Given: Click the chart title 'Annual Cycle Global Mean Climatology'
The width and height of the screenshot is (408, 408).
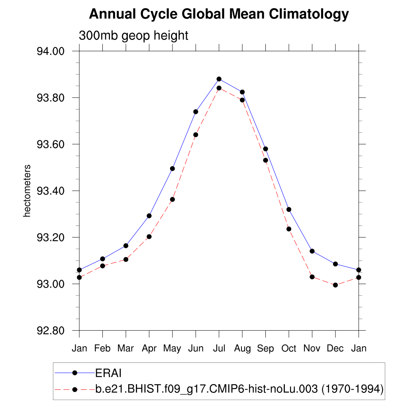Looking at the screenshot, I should (x=219, y=15).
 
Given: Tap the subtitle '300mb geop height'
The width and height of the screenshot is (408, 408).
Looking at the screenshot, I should (x=133, y=35).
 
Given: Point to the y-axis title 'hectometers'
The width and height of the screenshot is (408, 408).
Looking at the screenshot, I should (x=27, y=191).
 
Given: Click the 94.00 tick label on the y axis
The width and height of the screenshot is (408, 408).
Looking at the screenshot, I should (x=51, y=51).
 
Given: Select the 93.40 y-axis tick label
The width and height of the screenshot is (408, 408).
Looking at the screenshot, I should (x=51, y=191).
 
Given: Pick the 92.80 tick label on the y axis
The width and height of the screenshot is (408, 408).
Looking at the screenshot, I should (x=51, y=331).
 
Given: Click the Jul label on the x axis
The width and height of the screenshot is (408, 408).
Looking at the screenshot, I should (x=219, y=349).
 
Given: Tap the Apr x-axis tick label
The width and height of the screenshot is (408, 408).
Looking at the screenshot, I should (x=149, y=349).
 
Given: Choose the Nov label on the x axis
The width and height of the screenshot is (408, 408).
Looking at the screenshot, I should (x=312, y=349).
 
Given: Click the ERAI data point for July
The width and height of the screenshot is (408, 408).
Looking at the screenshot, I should (x=219, y=79).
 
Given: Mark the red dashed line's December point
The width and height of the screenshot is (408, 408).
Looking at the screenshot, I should (x=335, y=285).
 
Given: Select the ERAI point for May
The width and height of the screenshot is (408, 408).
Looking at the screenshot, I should (x=173, y=169).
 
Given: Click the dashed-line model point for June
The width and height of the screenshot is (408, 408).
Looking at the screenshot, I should (x=196, y=135).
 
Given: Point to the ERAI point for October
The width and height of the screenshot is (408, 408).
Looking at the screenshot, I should (x=289, y=210).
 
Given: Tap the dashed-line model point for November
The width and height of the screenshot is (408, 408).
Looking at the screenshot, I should (x=312, y=277).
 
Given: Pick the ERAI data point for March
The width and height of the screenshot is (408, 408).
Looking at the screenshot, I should (x=126, y=246).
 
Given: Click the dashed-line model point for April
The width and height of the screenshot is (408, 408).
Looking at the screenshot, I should (x=149, y=237).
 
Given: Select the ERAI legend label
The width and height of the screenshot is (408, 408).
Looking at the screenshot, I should (x=108, y=373).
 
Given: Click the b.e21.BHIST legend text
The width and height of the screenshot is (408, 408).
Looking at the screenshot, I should (x=239, y=389).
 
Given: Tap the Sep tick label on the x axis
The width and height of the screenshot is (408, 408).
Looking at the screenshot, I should (x=265, y=349).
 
